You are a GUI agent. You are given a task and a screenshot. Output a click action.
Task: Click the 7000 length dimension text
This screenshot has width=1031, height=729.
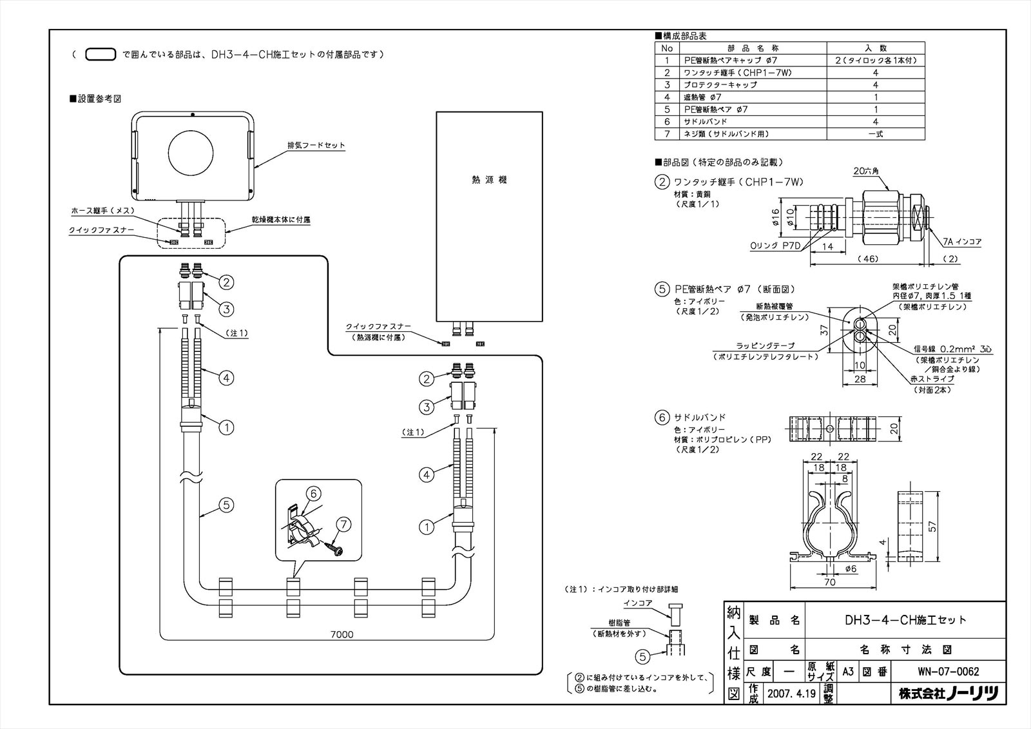pos(342,634)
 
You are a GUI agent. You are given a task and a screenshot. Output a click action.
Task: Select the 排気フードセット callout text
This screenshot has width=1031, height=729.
pos(316,146)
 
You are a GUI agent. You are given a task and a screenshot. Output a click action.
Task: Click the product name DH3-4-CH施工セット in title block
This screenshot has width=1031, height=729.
pos(905,620)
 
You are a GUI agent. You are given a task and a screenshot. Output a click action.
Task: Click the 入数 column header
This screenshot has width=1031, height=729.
pos(875,48)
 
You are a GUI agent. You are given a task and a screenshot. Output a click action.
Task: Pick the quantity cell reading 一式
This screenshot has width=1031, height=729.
pos(875,134)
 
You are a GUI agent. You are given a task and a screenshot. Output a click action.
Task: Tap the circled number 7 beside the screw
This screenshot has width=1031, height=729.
pos(344,525)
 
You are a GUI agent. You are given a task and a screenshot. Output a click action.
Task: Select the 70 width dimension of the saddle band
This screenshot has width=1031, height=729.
pos(829,582)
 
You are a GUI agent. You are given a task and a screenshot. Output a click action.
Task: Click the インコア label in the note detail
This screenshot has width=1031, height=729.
pos(637,603)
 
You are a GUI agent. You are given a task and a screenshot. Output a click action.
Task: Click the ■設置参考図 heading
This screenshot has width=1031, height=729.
pos(95,99)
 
